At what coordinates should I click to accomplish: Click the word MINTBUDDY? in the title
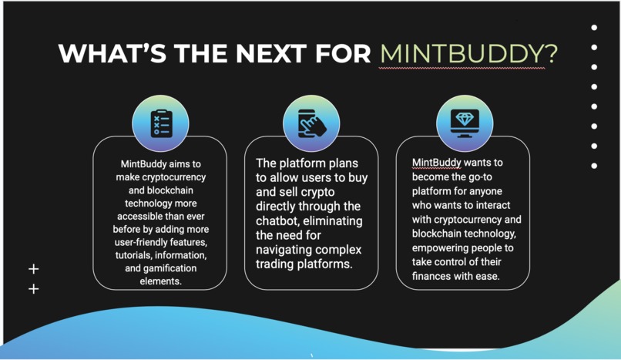tap(468, 54)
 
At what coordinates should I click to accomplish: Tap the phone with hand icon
tap(312, 122)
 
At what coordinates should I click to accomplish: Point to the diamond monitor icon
tap(465, 122)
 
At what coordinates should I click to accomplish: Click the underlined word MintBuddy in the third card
tap(436, 163)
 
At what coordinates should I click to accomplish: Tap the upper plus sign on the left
tap(33, 269)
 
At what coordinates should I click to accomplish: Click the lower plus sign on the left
tap(33, 289)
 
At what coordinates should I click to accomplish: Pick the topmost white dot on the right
tap(594, 28)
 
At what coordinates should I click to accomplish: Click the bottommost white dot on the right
tap(594, 166)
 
